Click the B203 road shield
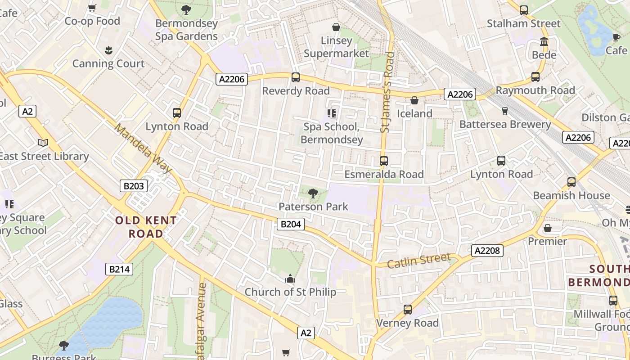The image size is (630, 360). pos(134,185)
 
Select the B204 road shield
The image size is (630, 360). pos(290,224)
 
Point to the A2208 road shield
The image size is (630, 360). pos(487,250)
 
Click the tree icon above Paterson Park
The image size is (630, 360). pos(313,193)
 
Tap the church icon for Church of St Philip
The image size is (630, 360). pos(290,279)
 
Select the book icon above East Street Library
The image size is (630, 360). pos(43,143)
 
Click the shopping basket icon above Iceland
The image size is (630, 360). pos(414,100)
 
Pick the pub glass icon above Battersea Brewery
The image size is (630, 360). pos(504,111)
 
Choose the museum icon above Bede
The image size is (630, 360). pos(544,42)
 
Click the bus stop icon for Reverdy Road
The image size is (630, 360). pos(296,77)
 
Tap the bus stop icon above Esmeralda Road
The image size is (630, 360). pos(384,161)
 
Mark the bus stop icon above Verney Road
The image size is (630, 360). pos(408,310)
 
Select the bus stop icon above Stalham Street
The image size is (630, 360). pos(523,10)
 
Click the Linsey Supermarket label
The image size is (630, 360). pos(336,47)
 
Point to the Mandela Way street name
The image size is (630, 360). pos(143,148)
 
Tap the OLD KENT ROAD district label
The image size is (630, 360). pos(146,227)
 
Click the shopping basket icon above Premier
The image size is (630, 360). pos(548,228)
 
